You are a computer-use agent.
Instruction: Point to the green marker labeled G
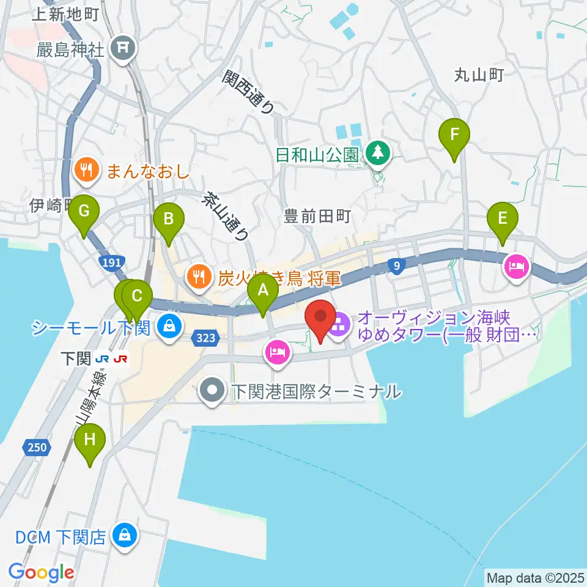(x=84, y=211)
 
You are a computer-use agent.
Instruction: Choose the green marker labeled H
(x=90, y=439)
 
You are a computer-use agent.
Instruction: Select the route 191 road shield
(x=111, y=262)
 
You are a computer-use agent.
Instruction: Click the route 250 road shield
(x=37, y=448)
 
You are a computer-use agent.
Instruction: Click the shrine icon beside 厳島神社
(x=123, y=46)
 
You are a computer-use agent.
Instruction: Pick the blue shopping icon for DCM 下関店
(x=125, y=537)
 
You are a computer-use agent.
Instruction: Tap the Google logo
(x=41, y=572)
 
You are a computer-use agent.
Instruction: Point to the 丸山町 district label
(x=479, y=75)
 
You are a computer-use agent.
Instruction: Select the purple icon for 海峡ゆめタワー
(x=338, y=325)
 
